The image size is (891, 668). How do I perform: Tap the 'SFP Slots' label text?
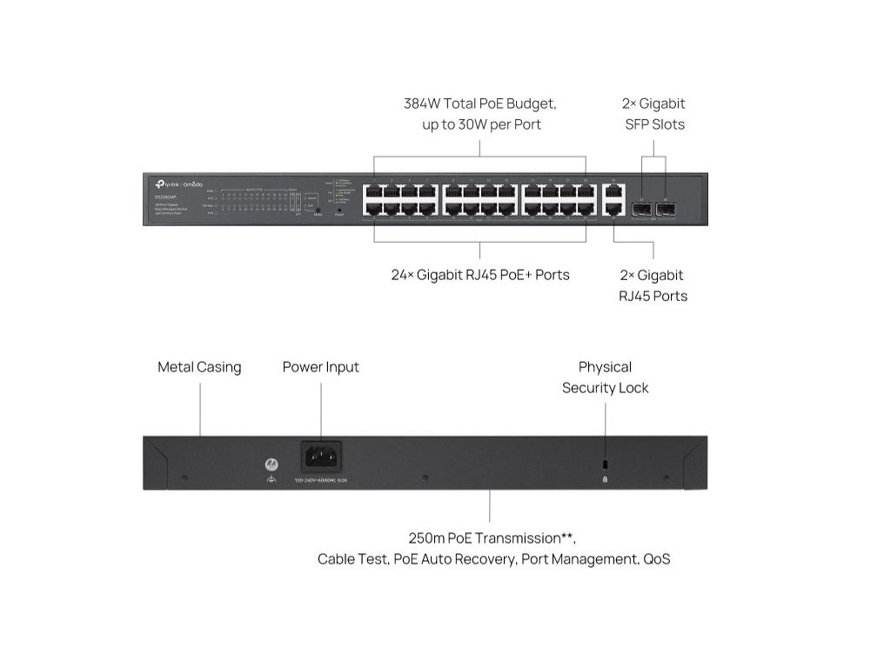tap(654, 124)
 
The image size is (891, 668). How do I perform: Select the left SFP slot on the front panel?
tap(642, 209)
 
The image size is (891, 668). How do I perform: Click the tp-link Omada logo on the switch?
tap(178, 183)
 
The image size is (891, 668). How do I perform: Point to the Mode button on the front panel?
tap(318, 210)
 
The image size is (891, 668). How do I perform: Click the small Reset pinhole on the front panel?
tap(338, 210)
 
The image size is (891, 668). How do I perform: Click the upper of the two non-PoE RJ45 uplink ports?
tap(613, 191)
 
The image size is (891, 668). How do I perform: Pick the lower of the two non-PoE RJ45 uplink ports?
tap(613, 209)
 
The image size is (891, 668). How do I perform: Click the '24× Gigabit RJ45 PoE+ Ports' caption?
tap(480, 275)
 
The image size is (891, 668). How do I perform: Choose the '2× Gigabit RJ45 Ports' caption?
tap(653, 285)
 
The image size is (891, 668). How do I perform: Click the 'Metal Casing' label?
tap(199, 367)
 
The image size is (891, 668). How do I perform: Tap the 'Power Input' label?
tap(320, 367)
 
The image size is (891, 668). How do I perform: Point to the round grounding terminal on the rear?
tap(269, 464)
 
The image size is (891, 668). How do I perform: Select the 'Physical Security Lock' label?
tap(605, 377)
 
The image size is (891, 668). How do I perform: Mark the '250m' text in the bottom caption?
tap(427, 538)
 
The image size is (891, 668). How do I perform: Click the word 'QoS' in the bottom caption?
tap(656, 559)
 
